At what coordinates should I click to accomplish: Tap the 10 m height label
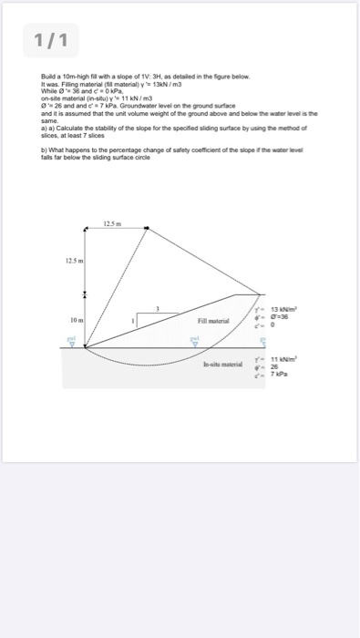[74, 321]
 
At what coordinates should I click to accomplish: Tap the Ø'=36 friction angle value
[271, 319]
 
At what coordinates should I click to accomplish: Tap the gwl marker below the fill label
[193, 341]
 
